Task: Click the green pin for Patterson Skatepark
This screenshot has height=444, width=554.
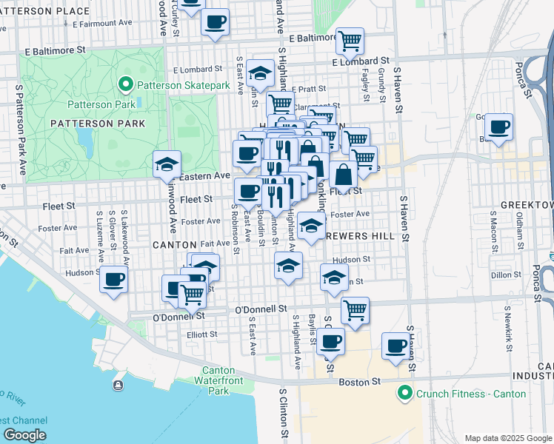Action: [x=126, y=86]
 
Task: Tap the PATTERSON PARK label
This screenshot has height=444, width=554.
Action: [x=87, y=123]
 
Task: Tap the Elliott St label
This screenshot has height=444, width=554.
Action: [x=202, y=334]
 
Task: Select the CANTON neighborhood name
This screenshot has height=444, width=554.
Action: [x=174, y=244]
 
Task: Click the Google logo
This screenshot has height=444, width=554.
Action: [x=24, y=434]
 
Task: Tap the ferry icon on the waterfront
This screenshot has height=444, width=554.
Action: [x=118, y=384]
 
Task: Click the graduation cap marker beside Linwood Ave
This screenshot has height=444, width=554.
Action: [x=167, y=164]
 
